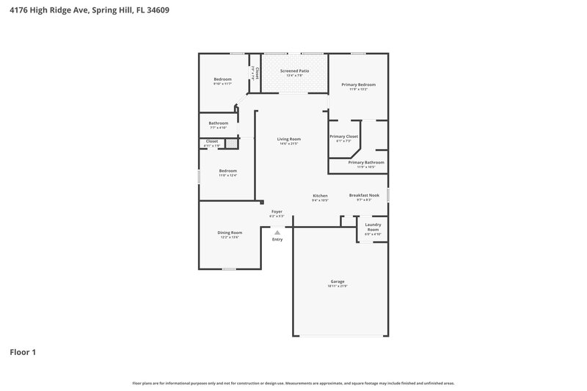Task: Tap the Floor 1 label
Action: pyautogui.click(x=23, y=352)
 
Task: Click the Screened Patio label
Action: pyautogui.click(x=294, y=71)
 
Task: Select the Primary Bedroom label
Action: pyautogui.click(x=359, y=85)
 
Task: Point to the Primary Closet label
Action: pyautogui.click(x=343, y=136)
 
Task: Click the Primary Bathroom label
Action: pyautogui.click(x=365, y=162)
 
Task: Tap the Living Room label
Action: pyautogui.click(x=288, y=139)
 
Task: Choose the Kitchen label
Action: pyautogui.click(x=320, y=196)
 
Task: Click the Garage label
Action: pyautogui.click(x=338, y=282)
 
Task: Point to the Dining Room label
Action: pyautogui.click(x=230, y=233)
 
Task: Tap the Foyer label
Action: pyautogui.click(x=277, y=211)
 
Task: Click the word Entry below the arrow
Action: pyautogui.click(x=277, y=239)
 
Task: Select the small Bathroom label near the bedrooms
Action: pyautogui.click(x=218, y=123)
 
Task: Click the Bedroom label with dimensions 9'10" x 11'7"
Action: pyautogui.click(x=222, y=79)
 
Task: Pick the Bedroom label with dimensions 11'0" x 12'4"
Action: pyautogui.click(x=227, y=171)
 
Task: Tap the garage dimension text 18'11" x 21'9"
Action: pyautogui.click(x=338, y=286)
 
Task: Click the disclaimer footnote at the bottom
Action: pyautogui.click(x=293, y=383)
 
